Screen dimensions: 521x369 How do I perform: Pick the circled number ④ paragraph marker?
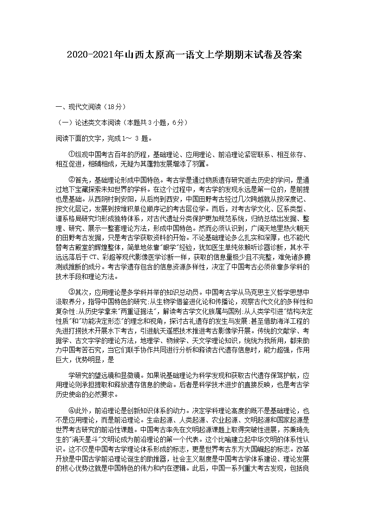(x=71, y=410)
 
